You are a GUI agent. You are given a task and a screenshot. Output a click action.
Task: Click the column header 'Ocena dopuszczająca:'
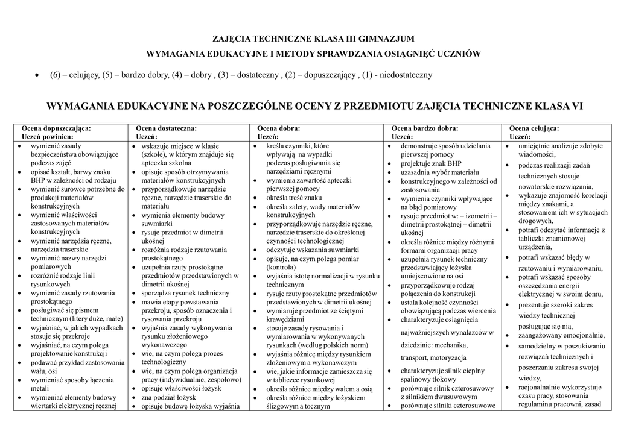coord(56,128)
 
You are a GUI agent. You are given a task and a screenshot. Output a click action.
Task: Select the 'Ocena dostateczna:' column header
coord(166,128)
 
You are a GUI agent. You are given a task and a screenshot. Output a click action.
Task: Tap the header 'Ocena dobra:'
coord(279,128)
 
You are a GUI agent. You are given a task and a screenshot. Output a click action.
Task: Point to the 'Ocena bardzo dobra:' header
coord(425,128)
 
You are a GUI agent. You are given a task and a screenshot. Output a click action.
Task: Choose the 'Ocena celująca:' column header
coord(534,128)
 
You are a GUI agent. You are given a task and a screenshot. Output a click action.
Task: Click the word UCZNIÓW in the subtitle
coord(460,54)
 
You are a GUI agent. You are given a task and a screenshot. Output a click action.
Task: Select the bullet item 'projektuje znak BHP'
coord(431,163)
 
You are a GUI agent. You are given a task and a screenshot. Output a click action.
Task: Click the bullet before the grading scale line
coord(37,75)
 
